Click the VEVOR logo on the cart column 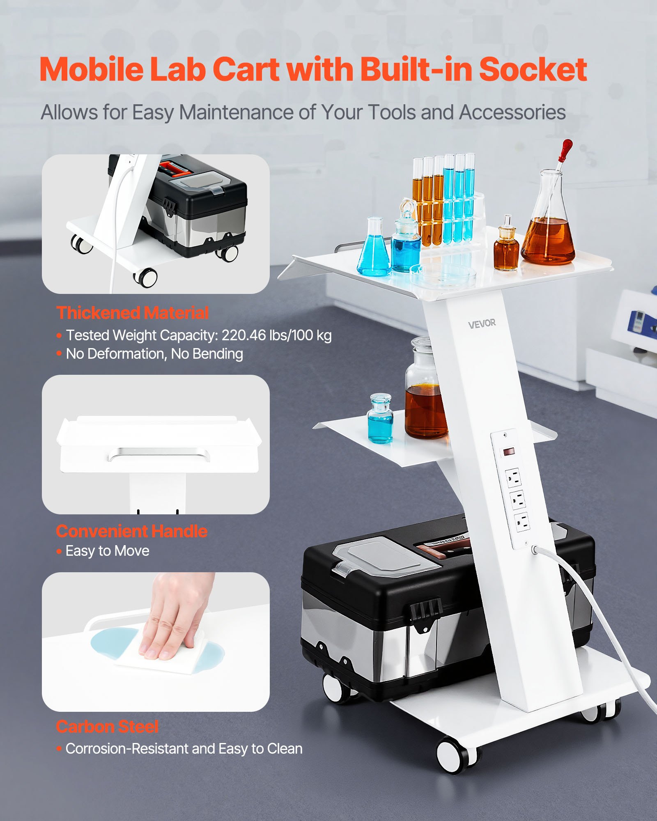[482, 324]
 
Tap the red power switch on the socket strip [509, 452]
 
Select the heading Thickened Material [132, 313]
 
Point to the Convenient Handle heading [132, 531]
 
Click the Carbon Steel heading [107, 727]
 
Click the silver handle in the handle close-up [159, 454]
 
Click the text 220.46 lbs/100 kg [276, 335]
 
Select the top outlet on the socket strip [513, 478]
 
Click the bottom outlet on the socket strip [522, 522]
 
